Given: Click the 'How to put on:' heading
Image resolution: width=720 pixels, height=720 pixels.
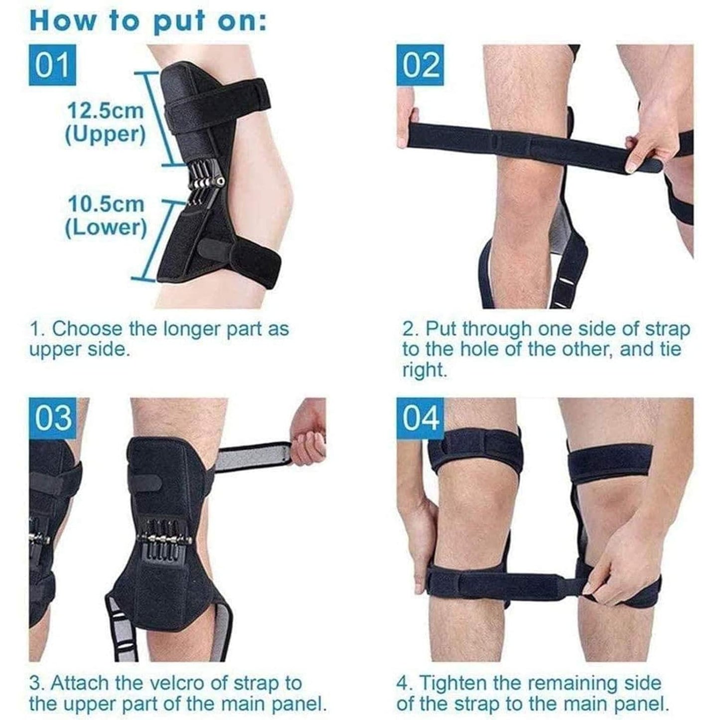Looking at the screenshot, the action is (148, 21).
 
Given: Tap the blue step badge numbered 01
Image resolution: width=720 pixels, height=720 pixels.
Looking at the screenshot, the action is (52, 65).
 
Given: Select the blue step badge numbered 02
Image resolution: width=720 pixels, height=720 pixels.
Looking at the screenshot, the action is (420, 65).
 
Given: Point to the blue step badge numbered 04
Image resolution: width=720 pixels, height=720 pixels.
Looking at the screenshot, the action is (420, 418).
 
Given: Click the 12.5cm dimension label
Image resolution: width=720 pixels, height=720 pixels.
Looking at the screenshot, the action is (106, 111).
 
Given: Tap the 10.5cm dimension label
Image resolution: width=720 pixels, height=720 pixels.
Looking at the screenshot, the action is (106, 204).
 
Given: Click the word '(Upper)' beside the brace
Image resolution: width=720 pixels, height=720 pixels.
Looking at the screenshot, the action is (105, 135).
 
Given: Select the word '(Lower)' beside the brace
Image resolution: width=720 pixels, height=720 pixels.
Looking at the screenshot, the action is (106, 228).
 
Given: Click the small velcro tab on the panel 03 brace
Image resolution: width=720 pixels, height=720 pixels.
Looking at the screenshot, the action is (148, 482).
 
